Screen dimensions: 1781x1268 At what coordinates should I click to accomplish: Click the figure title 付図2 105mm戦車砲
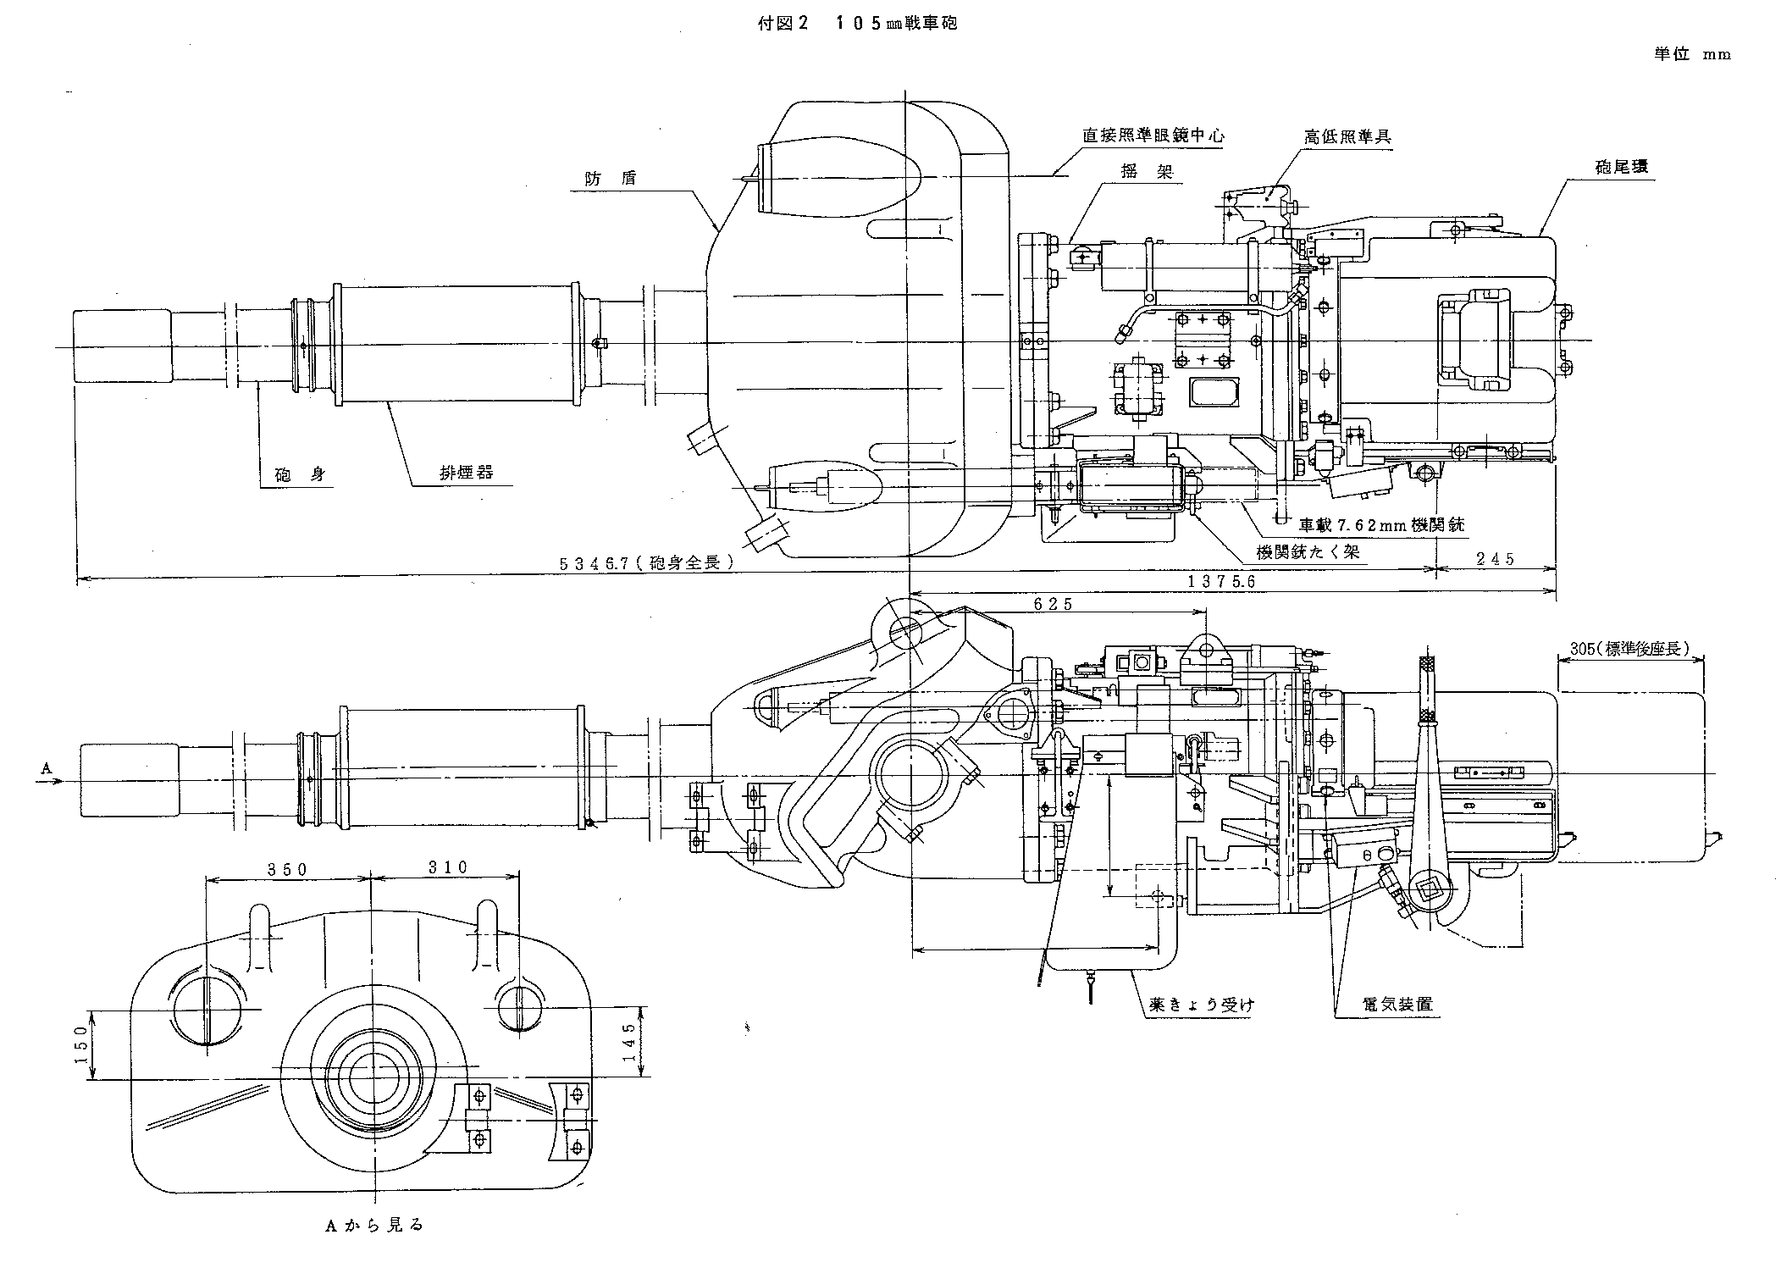click(857, 24)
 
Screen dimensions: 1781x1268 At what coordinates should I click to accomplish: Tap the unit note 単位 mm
click(1692, 54)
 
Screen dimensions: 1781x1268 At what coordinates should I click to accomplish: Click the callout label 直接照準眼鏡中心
click(1153, 135)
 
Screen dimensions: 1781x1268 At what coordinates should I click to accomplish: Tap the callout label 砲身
click(301, 475)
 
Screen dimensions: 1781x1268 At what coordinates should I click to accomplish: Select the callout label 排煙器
click(466, 473)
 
